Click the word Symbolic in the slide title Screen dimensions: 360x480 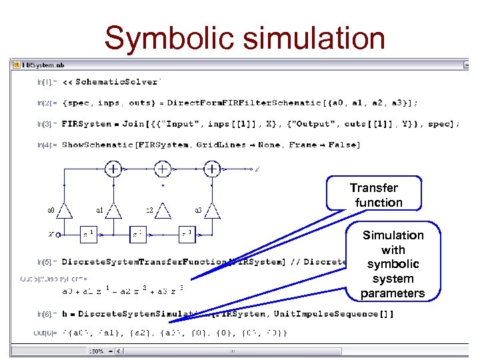point(171,38)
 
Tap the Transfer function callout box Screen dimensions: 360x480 point(375,195)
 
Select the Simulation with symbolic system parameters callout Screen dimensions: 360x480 point(393,264)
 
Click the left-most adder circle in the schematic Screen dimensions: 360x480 point(114,169)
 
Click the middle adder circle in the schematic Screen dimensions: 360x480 point(163,169)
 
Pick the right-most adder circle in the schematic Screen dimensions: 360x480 point(212,169)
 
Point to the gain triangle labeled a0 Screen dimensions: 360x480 point(65,211)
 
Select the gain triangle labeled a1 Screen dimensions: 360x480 point(114,211)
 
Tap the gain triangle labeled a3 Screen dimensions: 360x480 point(212,211)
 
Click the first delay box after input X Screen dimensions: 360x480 point(89,234)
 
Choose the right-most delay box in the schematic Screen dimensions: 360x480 point(187,234)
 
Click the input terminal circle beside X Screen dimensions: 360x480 point(58,235)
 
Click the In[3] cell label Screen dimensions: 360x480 point(46,124)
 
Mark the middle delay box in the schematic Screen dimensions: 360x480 point(138,234)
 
